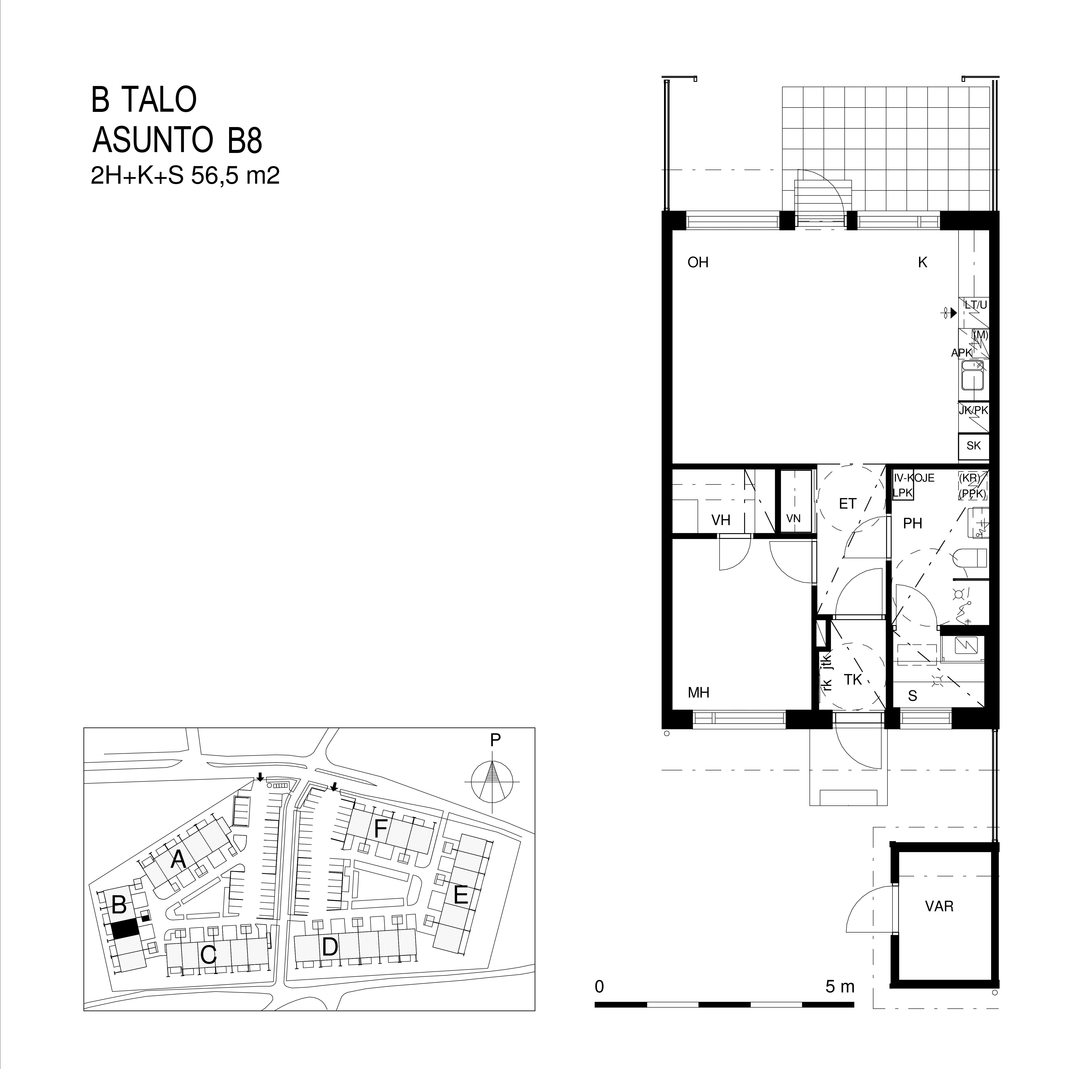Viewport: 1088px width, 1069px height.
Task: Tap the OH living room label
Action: click(x=698, y=262)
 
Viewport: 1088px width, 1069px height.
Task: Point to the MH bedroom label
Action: click(x=698, y=692)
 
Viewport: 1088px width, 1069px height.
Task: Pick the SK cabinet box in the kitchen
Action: click(x=973, y=445)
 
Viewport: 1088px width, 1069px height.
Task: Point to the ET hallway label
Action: click(x=847, y=504)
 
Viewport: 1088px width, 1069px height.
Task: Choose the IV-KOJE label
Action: click(x=914, y=478)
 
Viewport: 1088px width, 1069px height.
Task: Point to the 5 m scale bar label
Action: click(x=840, y=986)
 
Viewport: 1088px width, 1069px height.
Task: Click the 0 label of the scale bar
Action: click(x=600, y=986)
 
